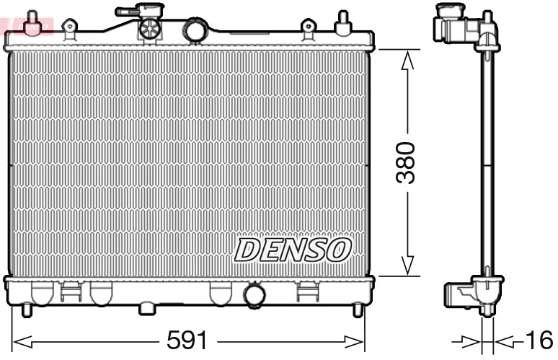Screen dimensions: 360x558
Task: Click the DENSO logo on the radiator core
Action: coord(293,250)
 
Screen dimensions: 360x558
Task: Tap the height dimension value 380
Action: coord(407,163)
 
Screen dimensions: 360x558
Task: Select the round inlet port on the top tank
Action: coord(195,30)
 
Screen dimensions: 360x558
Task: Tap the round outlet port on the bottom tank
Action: coord(254,295)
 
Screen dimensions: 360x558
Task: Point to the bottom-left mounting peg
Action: coord(27,310)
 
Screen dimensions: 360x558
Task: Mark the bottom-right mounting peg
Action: coord(357,310)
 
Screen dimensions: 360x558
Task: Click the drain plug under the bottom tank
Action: coord(147,309)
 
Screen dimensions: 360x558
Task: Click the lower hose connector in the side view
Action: coord(458,294)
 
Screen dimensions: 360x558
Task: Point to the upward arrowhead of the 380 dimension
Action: coord(407,60)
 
